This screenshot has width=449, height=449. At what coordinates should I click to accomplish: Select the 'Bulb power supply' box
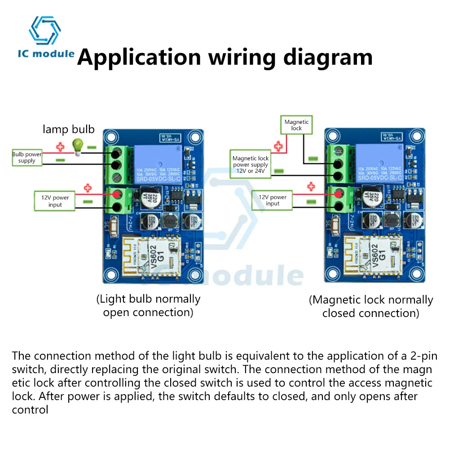(27, 157)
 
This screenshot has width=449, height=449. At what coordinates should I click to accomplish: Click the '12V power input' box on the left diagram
(55, 201)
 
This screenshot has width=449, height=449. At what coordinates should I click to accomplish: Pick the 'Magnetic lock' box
(297, 125)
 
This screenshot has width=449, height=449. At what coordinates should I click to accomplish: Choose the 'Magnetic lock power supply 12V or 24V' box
(250, 164)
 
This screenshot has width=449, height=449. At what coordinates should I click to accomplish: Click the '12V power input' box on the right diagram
(273, 201)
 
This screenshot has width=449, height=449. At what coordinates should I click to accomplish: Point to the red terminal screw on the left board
(117, 194)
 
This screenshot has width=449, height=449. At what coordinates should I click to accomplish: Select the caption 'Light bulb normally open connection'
(148, 305)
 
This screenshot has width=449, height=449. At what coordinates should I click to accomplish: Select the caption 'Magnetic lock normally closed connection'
(371, 306)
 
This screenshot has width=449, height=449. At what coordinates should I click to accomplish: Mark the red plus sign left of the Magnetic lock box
(278, 145)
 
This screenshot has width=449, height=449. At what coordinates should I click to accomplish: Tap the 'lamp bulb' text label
(69, 129)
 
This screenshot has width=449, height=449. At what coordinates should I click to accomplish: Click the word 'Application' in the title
(139, 57)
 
